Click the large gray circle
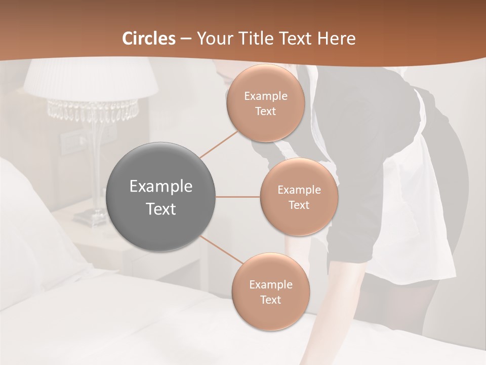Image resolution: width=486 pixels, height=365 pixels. coord(161,197)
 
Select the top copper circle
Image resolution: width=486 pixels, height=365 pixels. coord(265,103)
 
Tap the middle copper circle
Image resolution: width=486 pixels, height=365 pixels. coord(299,197)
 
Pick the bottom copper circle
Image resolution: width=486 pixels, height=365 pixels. coord(270,291)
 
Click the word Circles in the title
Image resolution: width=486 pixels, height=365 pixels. coord(149,39)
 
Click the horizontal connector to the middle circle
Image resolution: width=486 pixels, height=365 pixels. coord(238,197)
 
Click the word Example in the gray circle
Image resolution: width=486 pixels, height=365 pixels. coord(161,187)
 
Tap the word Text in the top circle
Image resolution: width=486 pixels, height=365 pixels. coord(265,112)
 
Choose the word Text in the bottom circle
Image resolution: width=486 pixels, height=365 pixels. coord(270,300)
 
